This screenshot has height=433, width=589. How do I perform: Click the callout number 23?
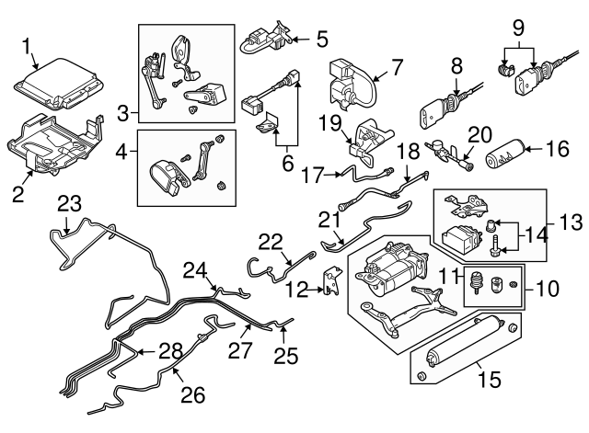pos(69,204)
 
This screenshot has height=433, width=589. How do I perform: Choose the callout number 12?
pos(294,291)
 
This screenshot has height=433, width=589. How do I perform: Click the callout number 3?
pos(124,114)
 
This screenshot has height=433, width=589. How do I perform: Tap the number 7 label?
pos(397,67)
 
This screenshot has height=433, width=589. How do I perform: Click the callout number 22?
pos(269,241)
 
